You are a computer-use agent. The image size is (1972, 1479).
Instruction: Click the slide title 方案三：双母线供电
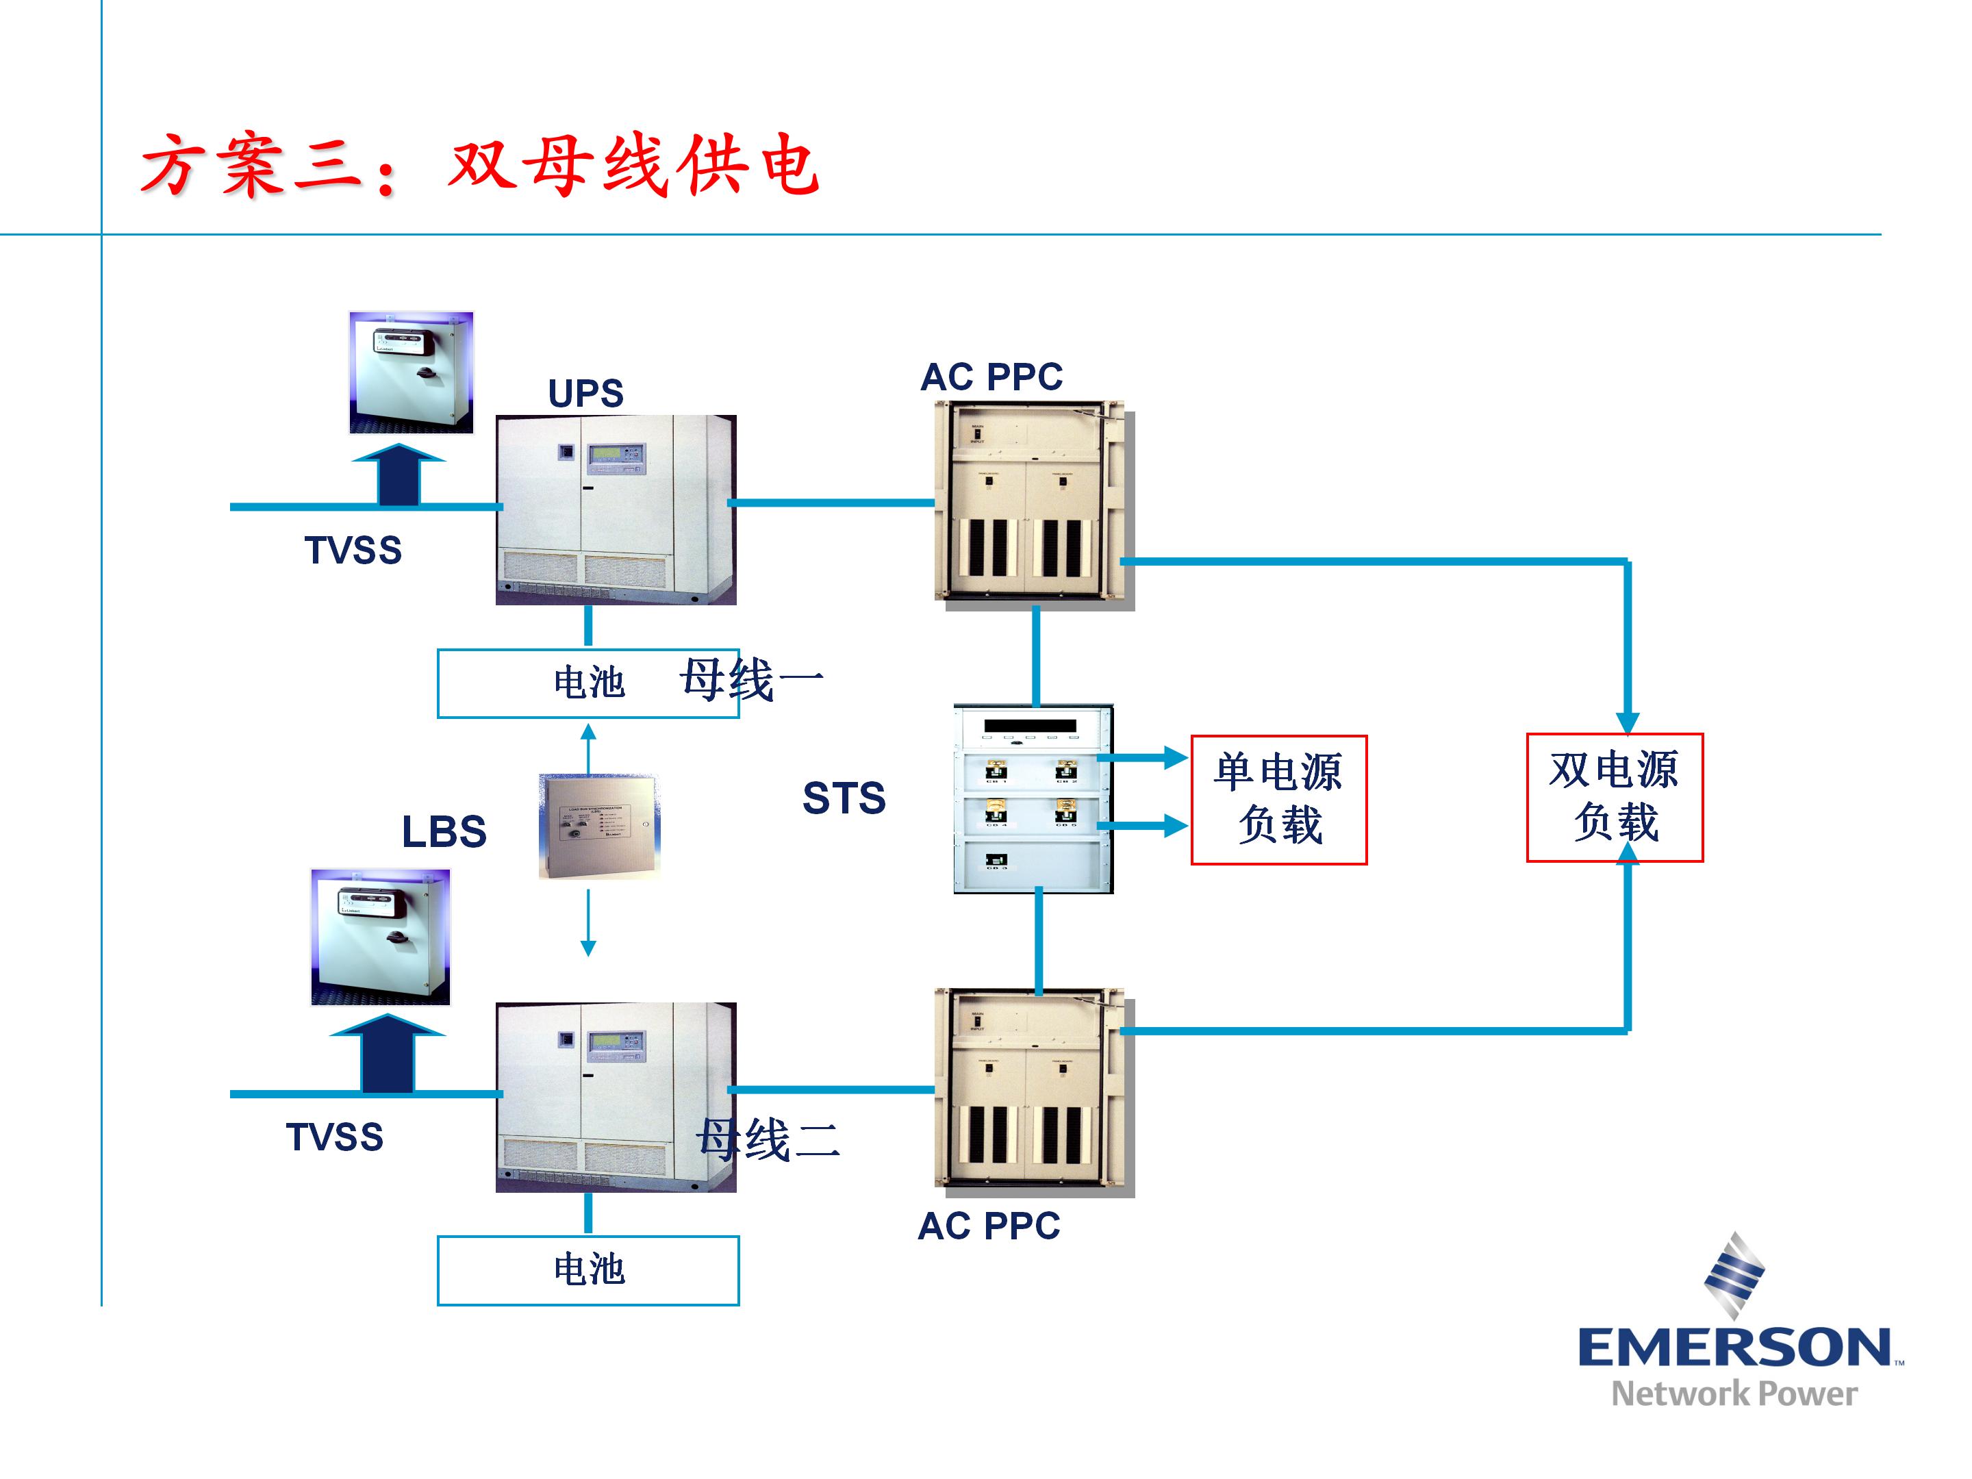(479, 166)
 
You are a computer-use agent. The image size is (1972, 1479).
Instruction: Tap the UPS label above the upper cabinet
(585, 394)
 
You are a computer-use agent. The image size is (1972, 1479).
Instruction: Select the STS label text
(844, 798)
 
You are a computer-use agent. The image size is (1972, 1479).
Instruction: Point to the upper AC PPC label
(991, 377)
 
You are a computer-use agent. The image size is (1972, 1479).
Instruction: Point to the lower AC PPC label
(989, 1226)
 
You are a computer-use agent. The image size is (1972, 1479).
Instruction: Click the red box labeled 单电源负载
(1278, 800)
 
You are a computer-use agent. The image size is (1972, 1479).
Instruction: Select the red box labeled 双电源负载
(1615, 797)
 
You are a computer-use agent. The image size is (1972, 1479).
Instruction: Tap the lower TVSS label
(334, 1137)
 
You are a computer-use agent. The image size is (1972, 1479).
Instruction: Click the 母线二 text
(768, 1139)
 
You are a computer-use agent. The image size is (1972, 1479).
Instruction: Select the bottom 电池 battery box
(587, 1269)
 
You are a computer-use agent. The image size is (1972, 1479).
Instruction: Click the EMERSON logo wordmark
(1733, 1348)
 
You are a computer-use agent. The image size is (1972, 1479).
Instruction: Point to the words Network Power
(1734, 1393)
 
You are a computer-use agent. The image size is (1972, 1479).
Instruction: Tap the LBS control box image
(599, 827)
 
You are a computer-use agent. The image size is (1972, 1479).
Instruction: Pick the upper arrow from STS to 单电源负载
(1143, 759)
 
